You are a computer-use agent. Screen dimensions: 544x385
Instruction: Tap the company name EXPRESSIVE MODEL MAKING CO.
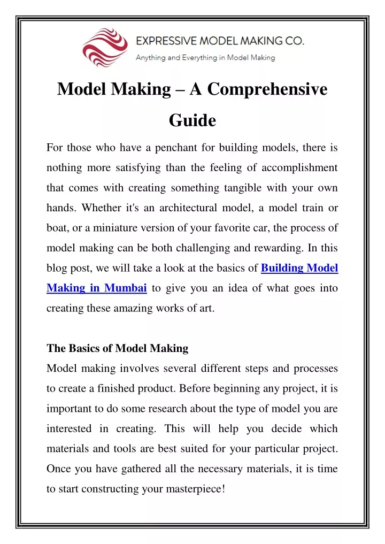219,41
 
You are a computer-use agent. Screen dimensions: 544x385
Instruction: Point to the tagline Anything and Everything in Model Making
205,58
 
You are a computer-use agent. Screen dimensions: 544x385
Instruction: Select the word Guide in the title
192,121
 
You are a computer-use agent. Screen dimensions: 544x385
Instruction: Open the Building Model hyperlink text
299,268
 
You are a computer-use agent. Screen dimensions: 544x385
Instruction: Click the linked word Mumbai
126,288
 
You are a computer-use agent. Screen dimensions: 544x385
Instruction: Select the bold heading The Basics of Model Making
118,348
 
